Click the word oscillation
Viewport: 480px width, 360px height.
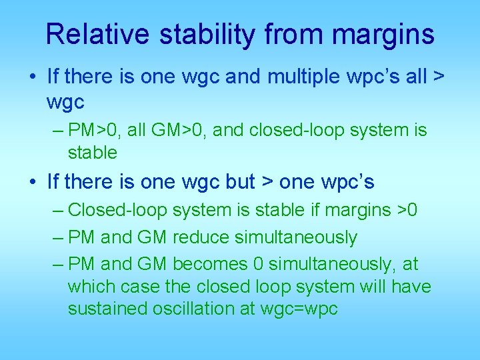pos(189,309)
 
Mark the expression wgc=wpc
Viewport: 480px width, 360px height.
pos(300,309)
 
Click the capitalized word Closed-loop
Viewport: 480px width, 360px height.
pos(118,211)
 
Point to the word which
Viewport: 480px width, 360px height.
pos(90,287)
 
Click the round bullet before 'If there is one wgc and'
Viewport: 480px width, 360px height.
pos(33,77)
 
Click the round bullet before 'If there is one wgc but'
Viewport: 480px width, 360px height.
pos(33,181)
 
